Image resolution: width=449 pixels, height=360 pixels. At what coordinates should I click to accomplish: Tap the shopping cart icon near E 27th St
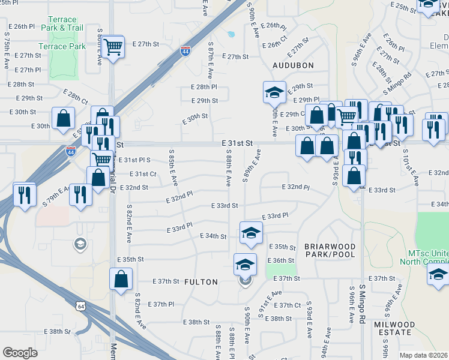coord(112,46)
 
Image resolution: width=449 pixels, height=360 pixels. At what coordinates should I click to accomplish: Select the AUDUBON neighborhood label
coord(293,65)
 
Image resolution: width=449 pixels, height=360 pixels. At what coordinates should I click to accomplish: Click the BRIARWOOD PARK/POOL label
coord(330,251)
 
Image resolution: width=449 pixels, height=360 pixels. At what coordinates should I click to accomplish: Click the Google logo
coord(20,353)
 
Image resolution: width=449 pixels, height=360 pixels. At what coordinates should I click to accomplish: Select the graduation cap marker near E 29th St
coord(274,92)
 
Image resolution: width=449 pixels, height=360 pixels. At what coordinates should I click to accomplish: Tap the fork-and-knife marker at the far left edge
coord(25,193)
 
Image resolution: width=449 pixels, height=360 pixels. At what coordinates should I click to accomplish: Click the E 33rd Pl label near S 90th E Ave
coord(276,215)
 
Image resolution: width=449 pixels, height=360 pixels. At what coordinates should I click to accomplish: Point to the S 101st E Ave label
coord(406,166)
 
